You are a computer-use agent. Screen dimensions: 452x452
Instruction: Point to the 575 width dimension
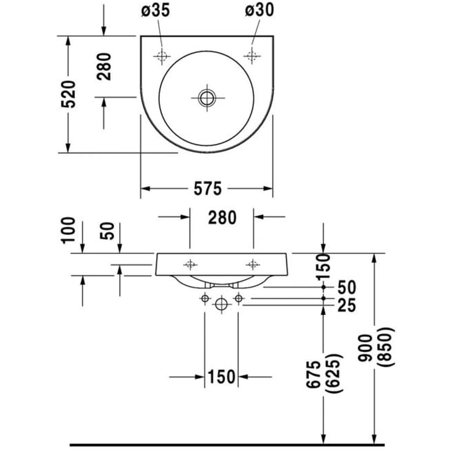207,188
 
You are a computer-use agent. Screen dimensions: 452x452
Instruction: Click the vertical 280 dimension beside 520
105,66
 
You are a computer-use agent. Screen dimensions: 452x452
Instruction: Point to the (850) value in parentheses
386,352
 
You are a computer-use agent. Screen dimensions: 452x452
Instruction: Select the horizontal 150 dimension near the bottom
222,376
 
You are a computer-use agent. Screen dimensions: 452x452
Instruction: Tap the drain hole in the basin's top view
205,97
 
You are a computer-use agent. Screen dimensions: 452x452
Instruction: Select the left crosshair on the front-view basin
190,264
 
